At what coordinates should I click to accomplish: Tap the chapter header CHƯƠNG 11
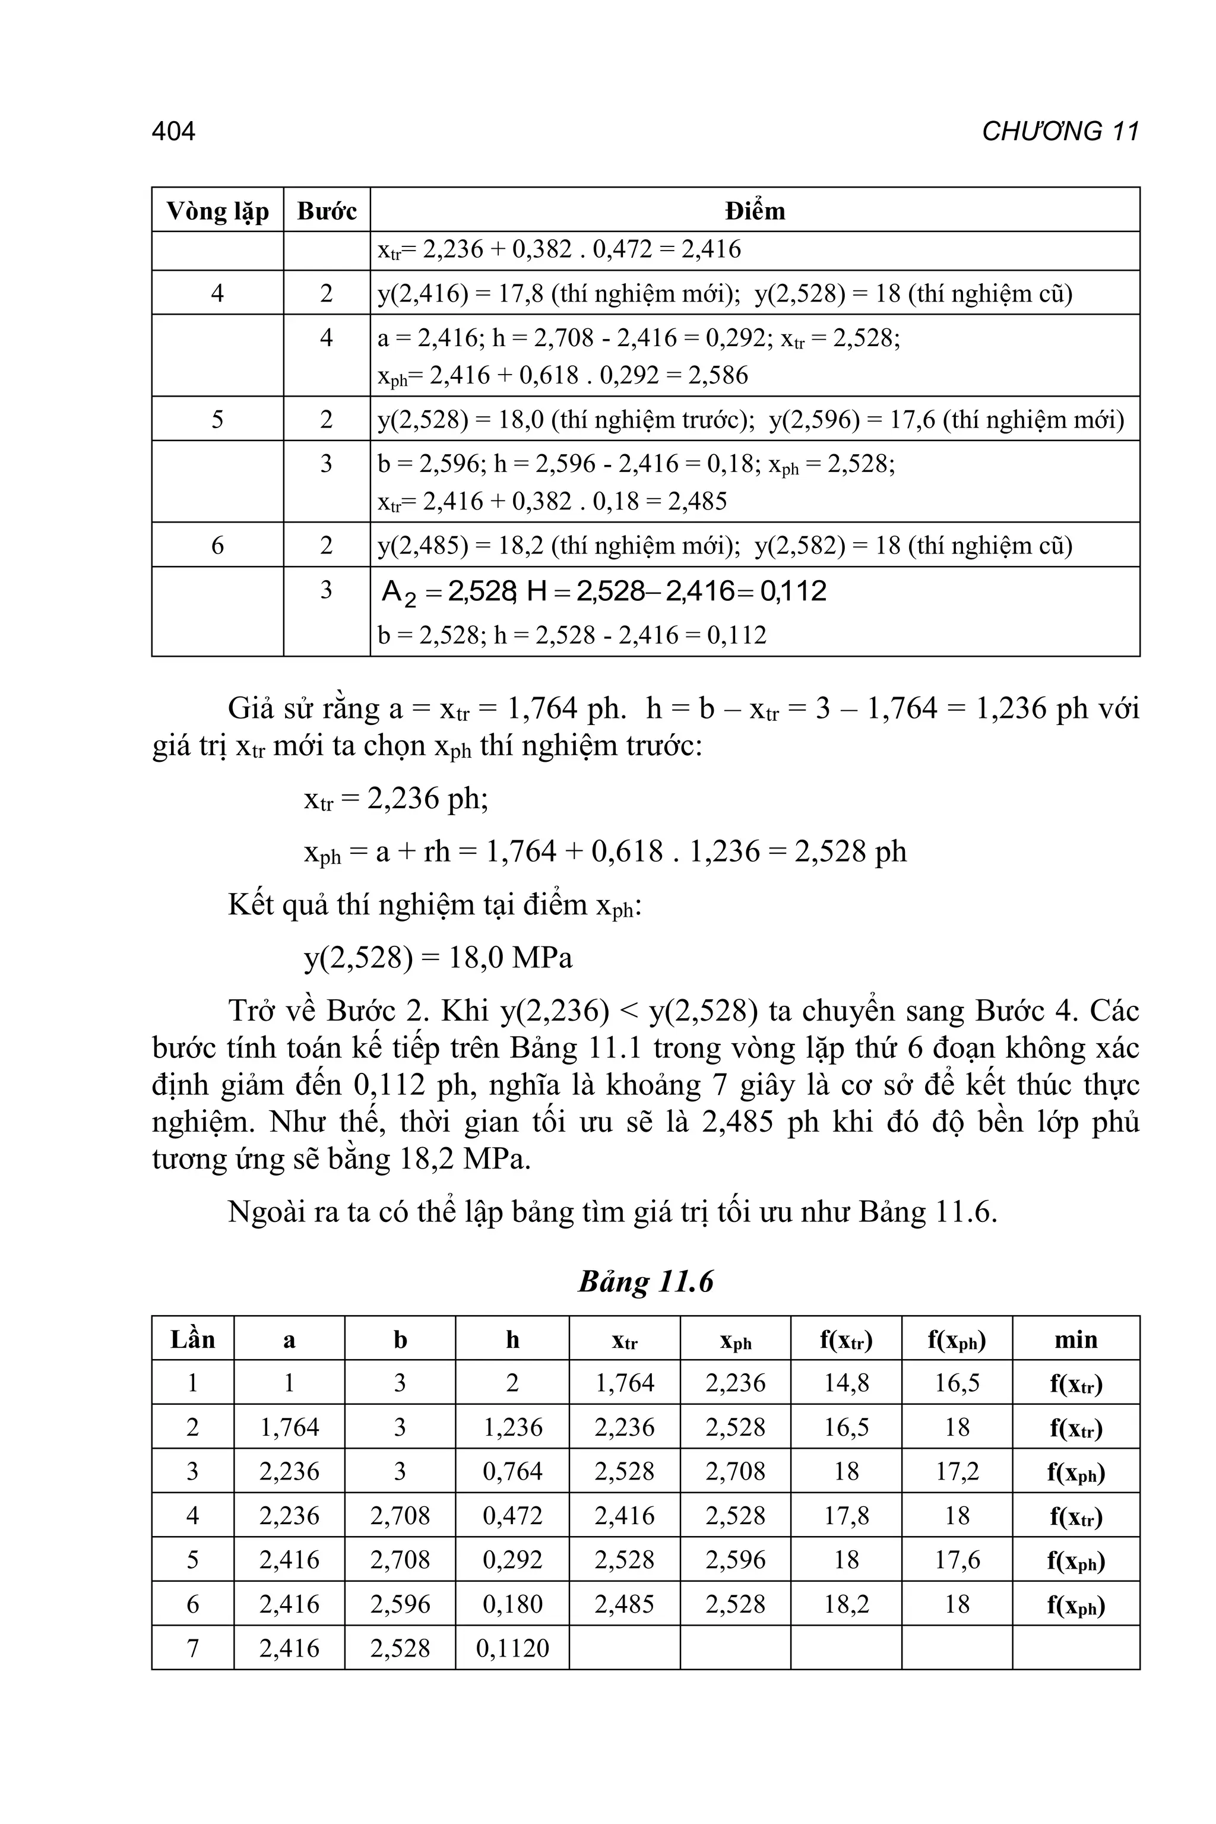click(x=1059, y=131)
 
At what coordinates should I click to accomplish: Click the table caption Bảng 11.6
click(x=645, y=1282)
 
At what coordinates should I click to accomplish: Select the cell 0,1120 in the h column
click(x=512, y=1647)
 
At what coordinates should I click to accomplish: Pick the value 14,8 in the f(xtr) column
click(x=846, y=1383)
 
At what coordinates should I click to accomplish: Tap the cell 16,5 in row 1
click(x=957, y=1383)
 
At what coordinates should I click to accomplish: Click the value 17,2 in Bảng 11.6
click(x=957, y=1471)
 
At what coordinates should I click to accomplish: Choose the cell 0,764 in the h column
click(x=512, y=1471)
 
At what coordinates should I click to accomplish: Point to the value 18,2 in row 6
click(x=846, y=1604)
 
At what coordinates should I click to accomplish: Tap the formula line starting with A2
click(x=603, y=592)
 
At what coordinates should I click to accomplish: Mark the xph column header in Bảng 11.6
click(x=735, y=1340)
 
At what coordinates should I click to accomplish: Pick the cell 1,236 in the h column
click(x=512, y=1427)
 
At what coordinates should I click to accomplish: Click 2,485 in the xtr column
click(x=624, y=1604)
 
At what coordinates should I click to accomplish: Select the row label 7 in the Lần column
click(x=192, y=1647)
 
